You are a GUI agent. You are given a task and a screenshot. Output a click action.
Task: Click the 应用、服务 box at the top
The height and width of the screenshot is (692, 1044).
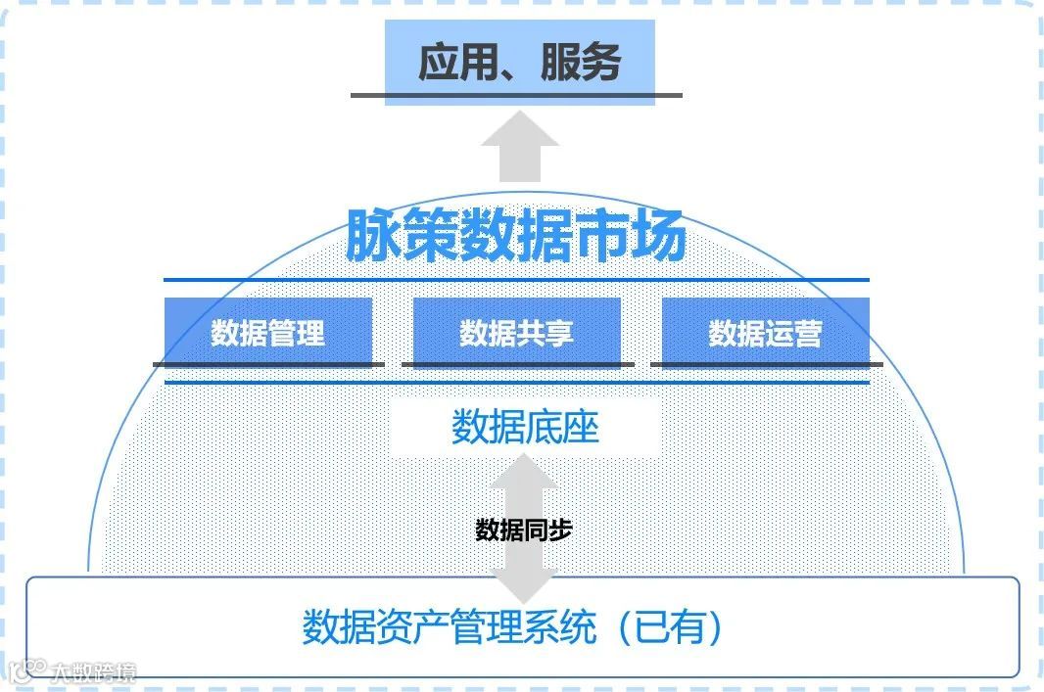pyautogui.click(x=518, y=61)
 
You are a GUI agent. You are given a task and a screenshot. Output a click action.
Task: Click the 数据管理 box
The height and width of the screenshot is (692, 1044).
pyautogui.click(x=267, y=332)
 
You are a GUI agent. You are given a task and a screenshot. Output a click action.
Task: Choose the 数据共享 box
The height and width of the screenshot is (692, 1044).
pyautogui.click(x=516, y=332)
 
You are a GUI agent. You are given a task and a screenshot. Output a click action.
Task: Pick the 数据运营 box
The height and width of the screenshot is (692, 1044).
pyautogui.click(x=765, y=332)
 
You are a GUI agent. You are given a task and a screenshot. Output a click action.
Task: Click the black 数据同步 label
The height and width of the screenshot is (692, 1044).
pyautogui.click(x=523, y=531)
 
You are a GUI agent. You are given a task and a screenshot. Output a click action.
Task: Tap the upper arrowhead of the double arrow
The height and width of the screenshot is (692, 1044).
pyautogui.click(x=523, y=475)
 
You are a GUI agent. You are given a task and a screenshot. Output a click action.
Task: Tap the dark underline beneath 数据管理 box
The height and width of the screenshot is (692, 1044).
pyautogui.click(x=267, y=364)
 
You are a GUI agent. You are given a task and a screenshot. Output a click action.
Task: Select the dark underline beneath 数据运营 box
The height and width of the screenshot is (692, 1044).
pyautogui.click(x=765, y=364)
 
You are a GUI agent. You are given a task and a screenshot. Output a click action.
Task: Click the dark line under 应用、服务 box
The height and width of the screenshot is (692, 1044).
pyautogui.click(x=516, y=95)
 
